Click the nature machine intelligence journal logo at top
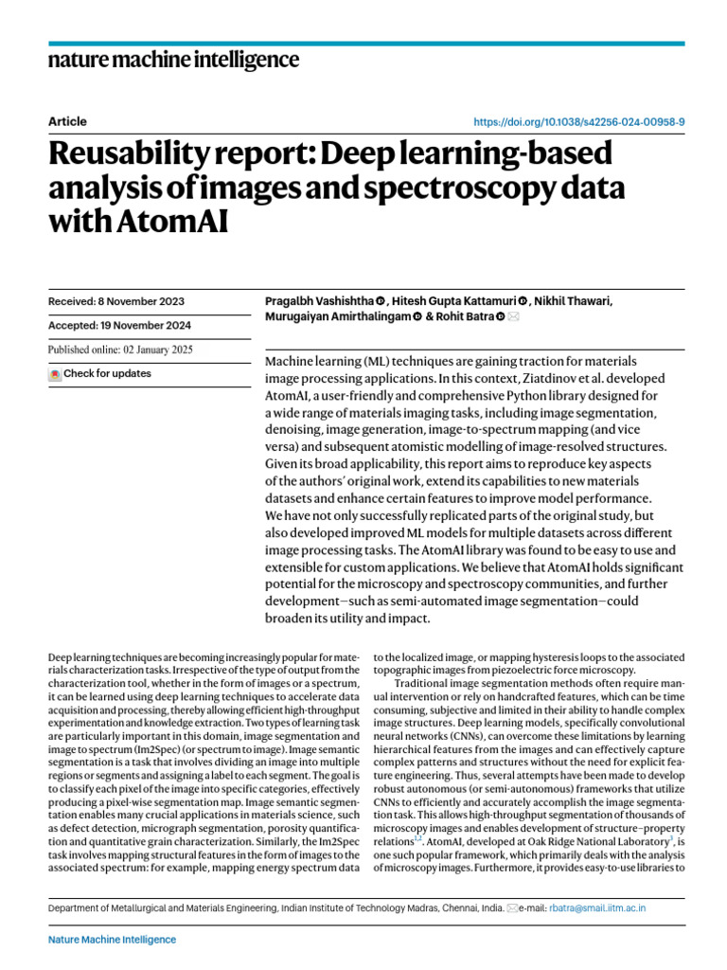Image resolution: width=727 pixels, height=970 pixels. point(173,61)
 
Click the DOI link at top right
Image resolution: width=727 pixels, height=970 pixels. point(579,122)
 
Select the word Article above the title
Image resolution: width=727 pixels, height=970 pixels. point(67,121)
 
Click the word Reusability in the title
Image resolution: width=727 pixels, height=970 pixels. point(148,153)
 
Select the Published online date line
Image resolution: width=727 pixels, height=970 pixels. point(120,350)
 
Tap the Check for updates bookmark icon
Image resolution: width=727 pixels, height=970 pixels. point(55,374)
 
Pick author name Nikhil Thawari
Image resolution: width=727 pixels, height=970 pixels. point(572,301)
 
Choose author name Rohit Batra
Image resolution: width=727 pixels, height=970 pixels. point(460,317)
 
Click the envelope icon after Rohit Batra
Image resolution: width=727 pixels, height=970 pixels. point(514,317)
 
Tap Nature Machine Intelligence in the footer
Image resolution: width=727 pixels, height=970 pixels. point(112,940)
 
